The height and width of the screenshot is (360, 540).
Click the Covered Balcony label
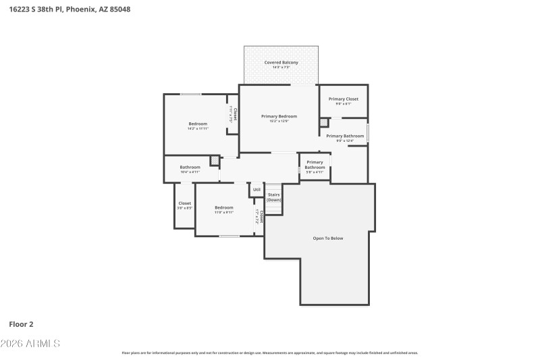coord(281,62)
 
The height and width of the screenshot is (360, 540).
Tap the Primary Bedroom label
coord(279,116)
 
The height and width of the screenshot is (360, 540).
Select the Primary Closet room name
coord(344,99)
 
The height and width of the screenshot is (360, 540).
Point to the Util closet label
coord(256,190)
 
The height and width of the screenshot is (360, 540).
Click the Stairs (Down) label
coord(273,197)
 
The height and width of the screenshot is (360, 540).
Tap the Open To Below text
coord(328,238)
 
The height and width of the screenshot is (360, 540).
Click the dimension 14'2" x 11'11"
coord(198,128)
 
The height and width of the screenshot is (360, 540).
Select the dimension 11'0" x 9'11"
coord(224,213)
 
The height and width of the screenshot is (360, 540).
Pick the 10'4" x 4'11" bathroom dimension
coord(190,172)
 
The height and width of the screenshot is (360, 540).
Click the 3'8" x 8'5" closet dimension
coord(184,208)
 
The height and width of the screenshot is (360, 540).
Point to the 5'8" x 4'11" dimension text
coord(315,172)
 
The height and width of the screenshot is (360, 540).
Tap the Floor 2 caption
coord(21,324)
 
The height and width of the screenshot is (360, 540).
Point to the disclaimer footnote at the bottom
coord(270,353)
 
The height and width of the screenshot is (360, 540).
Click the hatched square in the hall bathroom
coord(215,161)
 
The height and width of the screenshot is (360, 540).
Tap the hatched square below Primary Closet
coord(324,122)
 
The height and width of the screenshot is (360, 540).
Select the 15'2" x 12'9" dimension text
coord(279,122)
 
